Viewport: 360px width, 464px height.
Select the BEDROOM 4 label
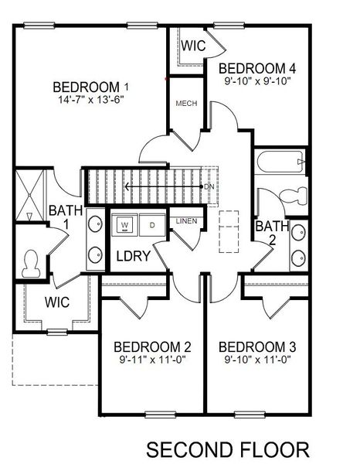[x=258, y=67]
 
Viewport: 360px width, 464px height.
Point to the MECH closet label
[x=185, y=104]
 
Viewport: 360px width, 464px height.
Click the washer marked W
[x=124, y=226]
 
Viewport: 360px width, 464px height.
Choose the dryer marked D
[x=151, y=226]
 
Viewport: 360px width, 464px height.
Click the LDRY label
[x=133, y=255]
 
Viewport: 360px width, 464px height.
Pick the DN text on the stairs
[x=209, y=187]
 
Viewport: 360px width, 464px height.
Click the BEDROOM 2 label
[x=152, y=346]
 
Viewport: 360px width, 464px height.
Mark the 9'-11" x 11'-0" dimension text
[x=152, y=359]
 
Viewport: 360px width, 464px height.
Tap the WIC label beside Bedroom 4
[x=193, y=46]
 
